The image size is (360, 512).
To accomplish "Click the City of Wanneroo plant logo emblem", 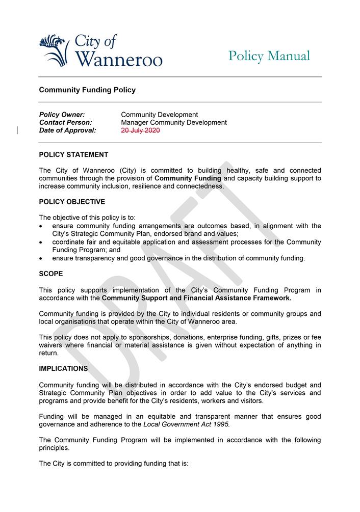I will tap(54, 50).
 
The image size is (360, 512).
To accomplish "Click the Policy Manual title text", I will tap(269, 56).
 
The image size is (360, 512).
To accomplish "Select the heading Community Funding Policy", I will tap(87, 90).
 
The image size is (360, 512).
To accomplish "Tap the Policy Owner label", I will tap(62, 115).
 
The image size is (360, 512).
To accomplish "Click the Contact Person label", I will tap(65, 122).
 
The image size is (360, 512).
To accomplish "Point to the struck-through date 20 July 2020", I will tap(140, 130).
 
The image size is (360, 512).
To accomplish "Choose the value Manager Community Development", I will tap(173, 122).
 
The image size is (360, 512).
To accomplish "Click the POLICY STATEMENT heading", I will tap(73, 154).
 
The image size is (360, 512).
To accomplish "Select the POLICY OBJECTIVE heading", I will tap(72, 202).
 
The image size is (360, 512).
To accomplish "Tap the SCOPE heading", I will tap(51, 274).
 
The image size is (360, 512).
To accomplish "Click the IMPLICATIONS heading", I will tap(63, 368).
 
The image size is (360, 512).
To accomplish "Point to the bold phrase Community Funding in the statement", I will tap(188, 178).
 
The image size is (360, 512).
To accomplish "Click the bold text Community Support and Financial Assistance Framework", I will tap(196, 298).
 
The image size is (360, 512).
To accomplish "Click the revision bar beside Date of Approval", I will tap(18, 130).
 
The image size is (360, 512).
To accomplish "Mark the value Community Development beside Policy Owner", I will tap(159, 115).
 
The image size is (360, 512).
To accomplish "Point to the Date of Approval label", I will tap(67, 130).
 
